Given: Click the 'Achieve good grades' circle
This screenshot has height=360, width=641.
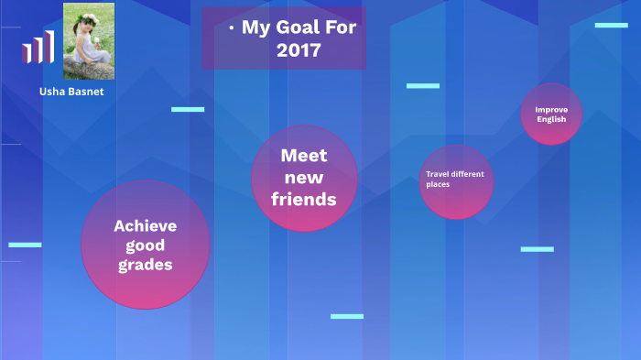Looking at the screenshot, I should tap(146, 244).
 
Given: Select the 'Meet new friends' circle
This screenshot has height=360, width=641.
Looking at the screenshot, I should tap(304, 178).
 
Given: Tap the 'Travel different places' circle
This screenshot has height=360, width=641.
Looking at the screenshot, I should tap(456, 180).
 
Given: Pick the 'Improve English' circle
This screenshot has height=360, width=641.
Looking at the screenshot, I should tap(551, 114).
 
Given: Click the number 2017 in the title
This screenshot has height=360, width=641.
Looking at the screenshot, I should tap(299, 49).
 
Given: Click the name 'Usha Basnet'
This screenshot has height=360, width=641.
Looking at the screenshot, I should tap(71, 92).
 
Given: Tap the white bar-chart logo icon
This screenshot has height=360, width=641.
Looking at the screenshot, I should tap(38, 47).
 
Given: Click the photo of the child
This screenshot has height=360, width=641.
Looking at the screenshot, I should tap(89, 41).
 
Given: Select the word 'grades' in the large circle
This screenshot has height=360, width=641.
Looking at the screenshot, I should tap(146, 265).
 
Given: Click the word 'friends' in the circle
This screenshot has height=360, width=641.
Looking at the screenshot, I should tap(304, 198).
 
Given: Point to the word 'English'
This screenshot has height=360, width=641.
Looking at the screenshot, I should tap(551, 119).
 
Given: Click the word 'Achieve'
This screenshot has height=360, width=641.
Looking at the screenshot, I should tap(146, 225).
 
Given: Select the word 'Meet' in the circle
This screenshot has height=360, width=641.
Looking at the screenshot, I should tap(304, 156).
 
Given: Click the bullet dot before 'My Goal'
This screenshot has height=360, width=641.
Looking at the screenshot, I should tap(232, 28).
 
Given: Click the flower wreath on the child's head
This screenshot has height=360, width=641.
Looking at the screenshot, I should tap(90, 15).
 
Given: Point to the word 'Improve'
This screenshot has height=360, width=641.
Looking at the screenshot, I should tap(551, 109).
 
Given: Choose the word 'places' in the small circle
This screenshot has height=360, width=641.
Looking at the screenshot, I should tap(438, 184).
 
